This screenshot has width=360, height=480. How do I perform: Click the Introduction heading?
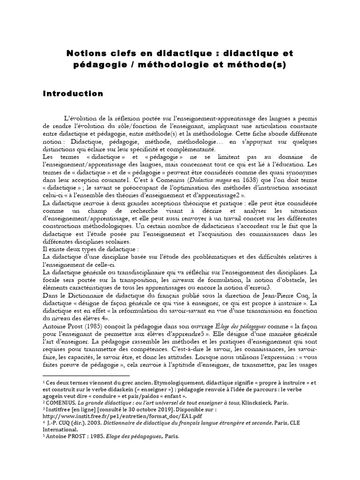(73, 93)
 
